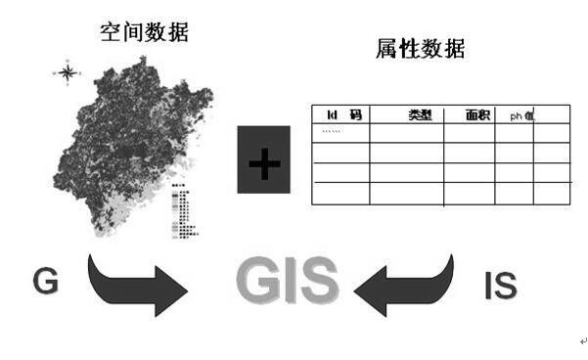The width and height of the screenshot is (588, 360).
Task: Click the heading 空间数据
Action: click(x=144, y=32)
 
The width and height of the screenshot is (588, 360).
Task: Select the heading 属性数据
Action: click(x=420, y=48)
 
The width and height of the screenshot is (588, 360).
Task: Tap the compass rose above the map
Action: click(x=68, y=71)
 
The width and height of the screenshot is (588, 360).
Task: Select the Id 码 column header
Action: click(x=343, y=115)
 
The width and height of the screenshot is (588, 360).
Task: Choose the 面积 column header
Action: click(x=478, y=115)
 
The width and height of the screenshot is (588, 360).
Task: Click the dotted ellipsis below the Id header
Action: click(x=332, y=131)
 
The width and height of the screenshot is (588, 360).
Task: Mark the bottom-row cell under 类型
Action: click(x=406, y=194)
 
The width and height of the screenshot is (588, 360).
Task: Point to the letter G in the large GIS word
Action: click(x=258, y=282)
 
